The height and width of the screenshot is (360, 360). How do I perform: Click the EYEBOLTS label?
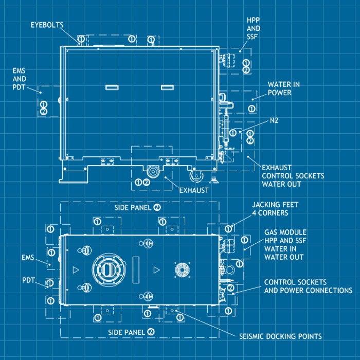46,25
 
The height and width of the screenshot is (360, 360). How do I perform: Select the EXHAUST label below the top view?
194,190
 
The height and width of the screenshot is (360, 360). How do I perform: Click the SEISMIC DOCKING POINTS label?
281,336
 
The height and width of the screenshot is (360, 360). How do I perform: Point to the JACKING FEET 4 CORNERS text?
275,208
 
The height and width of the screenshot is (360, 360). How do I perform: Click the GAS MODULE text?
285,232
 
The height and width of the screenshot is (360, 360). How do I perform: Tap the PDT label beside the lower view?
28,281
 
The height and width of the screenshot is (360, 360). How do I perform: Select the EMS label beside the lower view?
28,257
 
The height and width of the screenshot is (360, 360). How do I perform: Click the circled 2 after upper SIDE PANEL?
157,207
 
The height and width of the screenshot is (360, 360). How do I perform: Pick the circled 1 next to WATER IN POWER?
251,108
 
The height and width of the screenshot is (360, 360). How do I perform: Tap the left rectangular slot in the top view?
112,87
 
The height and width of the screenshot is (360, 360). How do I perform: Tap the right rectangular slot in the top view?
168,87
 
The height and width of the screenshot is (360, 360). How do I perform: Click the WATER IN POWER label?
283,88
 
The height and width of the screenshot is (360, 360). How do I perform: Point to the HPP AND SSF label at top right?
253,28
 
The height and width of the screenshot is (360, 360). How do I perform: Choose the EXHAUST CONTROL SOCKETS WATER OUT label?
293,175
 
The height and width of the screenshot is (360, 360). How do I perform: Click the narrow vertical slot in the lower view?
135,269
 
